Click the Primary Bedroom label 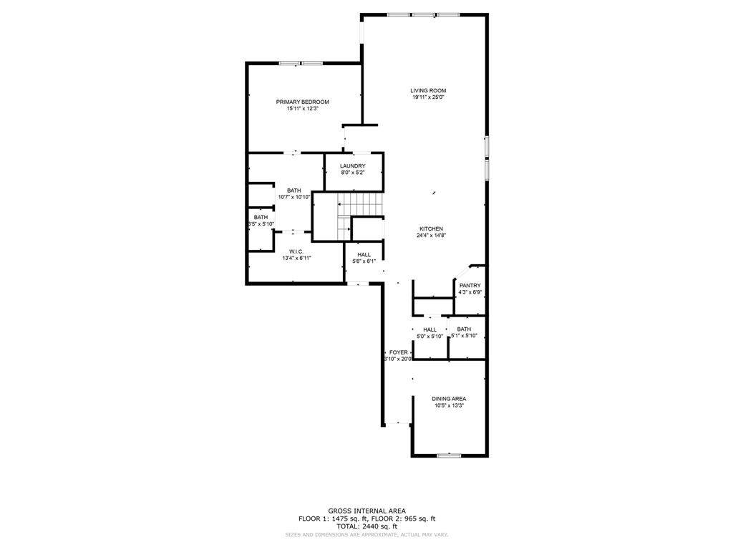click(302, 102)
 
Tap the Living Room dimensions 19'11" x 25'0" click(428, 97)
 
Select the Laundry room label click(352, 166)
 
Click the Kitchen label click(431, 228)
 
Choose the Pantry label click(470, 285)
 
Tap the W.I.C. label click(296, 251)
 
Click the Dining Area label click(449, 398)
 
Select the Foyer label click(398, 352)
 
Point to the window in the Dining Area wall click(449, 455)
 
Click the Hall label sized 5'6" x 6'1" click(364, 254)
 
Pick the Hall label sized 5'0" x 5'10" click(429, 329)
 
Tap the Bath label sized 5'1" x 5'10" click(464, 329)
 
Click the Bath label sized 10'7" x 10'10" click(293, 190)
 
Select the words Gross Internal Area click(366, 511)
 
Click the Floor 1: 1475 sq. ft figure click(332, 518)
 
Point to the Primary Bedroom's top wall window click(301, 64)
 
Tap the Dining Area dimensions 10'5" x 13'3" click(449, 406)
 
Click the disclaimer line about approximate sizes click(366, 534)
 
